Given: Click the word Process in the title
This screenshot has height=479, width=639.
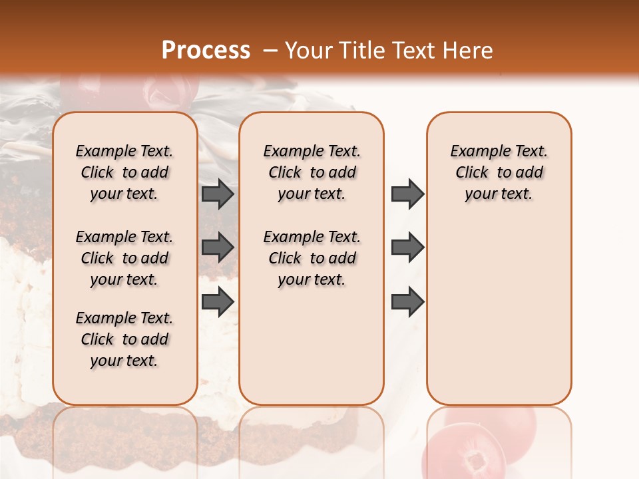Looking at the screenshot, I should click(x=206, y=51).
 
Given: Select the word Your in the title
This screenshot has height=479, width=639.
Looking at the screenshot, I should click(x=308, y=51).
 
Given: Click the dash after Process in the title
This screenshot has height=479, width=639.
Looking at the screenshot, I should click(x=270, y=51).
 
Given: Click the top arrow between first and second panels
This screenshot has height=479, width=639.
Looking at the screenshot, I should click(x=218, y=194).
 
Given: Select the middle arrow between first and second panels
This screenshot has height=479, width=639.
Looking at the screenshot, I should click(x=218, y=247).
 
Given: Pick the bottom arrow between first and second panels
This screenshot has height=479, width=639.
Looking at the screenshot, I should click(x=218, y=301).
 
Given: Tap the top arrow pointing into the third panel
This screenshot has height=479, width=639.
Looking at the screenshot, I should click(x=407, y=194).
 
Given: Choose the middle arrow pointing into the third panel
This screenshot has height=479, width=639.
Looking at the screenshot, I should click(x=407, y=247).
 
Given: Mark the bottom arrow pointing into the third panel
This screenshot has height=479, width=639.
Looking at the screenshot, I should click(x=407, y=301).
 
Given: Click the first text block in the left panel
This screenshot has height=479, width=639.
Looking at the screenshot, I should click(x=124, y=172).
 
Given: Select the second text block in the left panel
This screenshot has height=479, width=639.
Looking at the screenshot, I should click(x=124, y=258).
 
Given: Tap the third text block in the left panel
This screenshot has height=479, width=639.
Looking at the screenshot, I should click(x=124, y=339).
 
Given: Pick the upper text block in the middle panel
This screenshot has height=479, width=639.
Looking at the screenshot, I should click(x=312, y=172).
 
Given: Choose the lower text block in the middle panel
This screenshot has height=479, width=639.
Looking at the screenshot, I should click(x=312, y=258).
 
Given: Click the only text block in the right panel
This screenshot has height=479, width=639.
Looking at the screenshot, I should click(x=499, y=172).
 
